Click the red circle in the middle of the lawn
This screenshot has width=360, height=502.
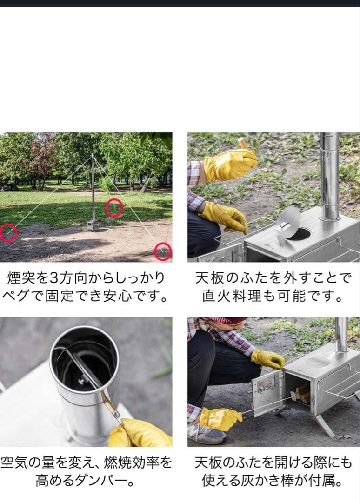pos(114,208)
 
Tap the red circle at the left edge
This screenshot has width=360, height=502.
pos(8,232)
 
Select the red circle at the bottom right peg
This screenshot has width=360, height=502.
pos(163,251)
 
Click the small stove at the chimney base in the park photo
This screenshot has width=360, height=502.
pos(92,225)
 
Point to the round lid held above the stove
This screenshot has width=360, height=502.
pos(288,222)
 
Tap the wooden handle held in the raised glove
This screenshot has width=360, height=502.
pos(243,143)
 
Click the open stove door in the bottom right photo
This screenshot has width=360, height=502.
pos(267,392)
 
